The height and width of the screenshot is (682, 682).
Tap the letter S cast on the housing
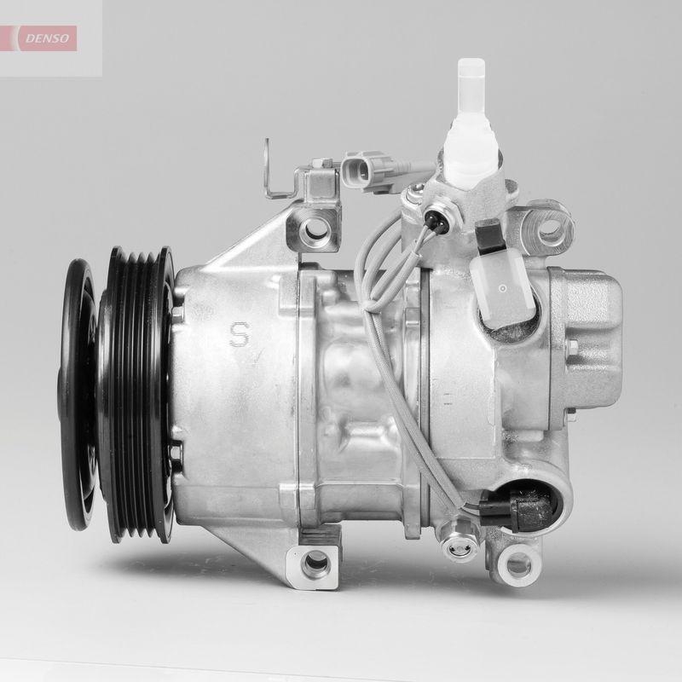coord(240,333)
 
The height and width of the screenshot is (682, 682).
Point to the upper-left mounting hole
coord(315,228)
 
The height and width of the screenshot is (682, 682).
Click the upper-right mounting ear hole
coord(548,228)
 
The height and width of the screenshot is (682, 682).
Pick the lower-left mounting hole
coord(315,561)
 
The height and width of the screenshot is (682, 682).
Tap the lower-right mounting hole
coord(517,564)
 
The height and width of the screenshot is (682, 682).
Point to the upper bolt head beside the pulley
coord(176,314)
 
